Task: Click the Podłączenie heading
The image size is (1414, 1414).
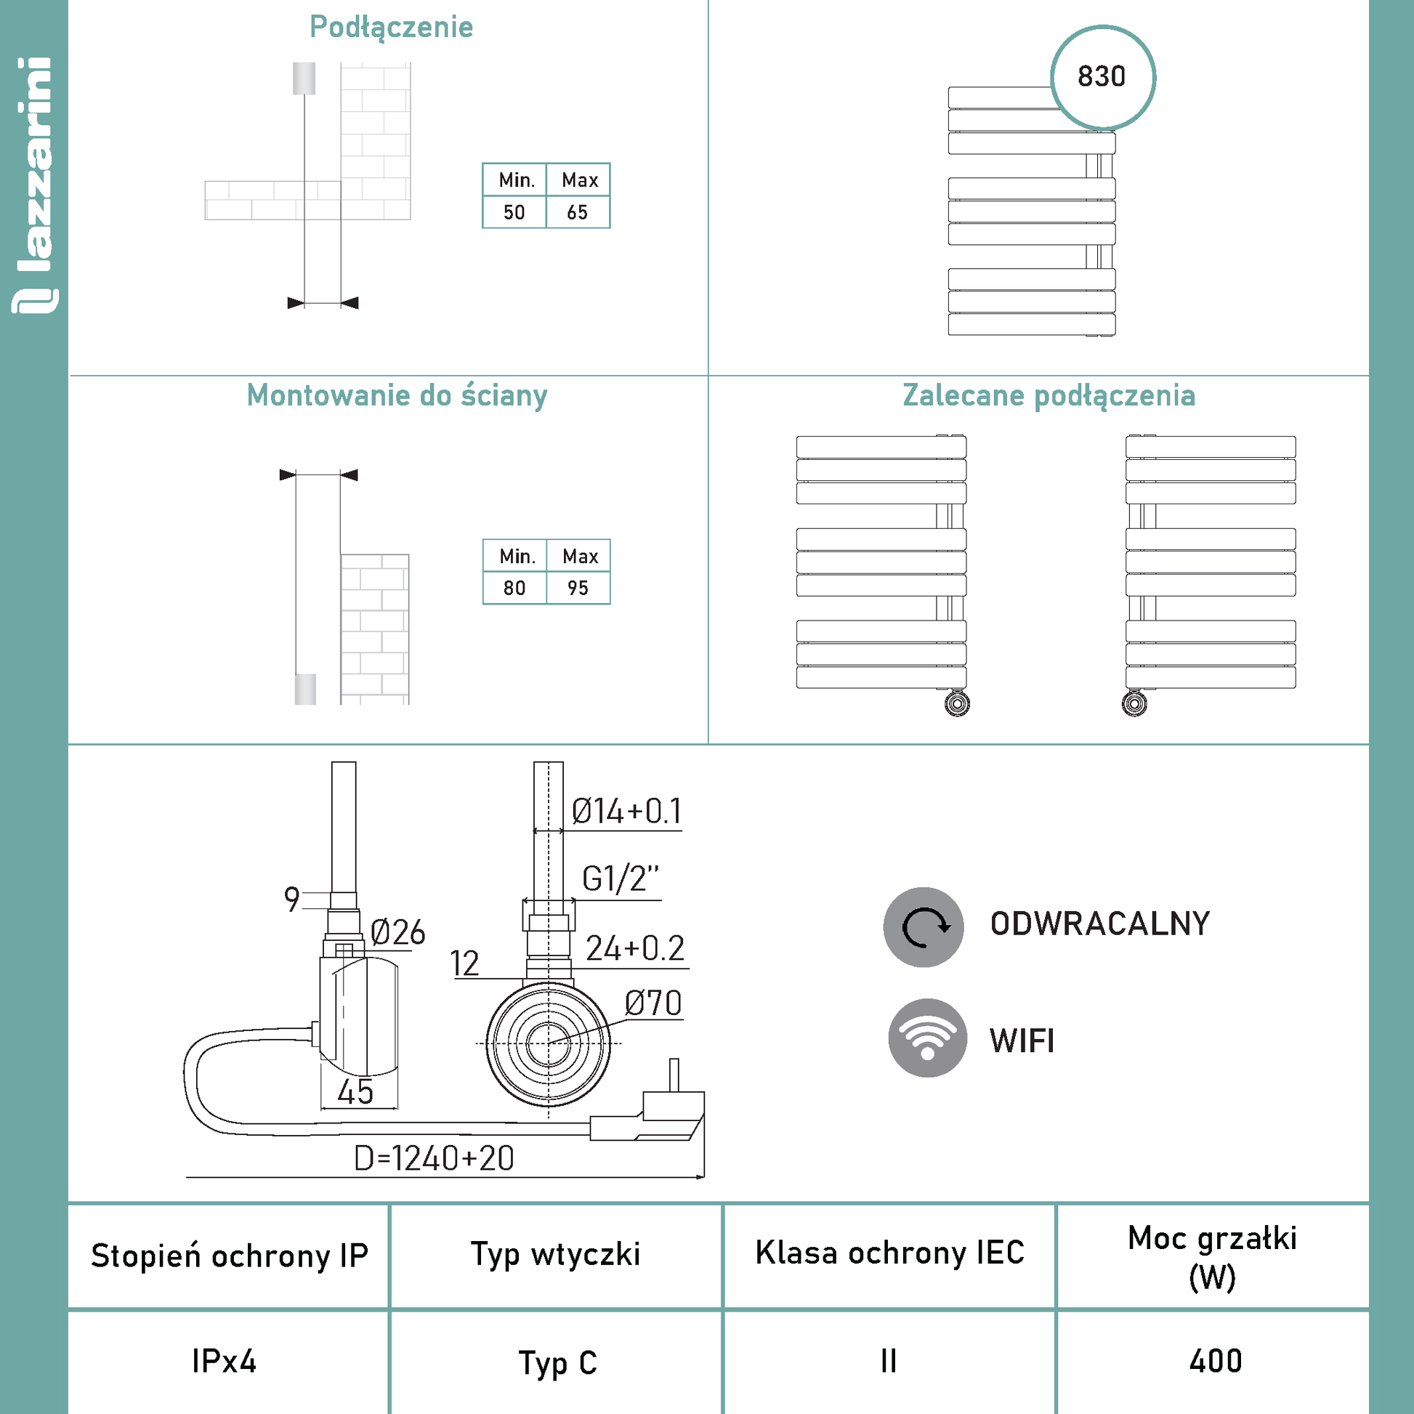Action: pos(392,28)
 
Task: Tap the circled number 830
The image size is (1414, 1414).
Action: pos(1102,78)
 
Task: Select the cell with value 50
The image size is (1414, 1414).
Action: pos(514,212)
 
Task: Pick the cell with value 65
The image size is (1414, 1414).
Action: pos(578,212)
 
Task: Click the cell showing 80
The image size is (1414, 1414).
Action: pos(514,588)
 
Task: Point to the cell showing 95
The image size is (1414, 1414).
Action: pos(578,588)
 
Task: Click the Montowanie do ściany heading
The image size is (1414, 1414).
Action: pos(397,396)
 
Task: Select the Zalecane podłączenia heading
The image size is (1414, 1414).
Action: pos(1049,396)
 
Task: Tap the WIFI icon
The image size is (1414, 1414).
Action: pos(927,1038)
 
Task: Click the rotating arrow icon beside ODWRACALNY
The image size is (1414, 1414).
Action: pos(924,926)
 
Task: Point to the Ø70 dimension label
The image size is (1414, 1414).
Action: pos(653,1003)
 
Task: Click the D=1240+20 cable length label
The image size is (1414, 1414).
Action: pos(434,1158)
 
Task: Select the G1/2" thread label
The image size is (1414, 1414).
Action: pos(620,878)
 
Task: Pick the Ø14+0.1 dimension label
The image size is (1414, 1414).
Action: pos(626,811)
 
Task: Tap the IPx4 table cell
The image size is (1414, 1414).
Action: pos(224,1361)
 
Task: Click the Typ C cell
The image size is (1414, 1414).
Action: pos(558,1362)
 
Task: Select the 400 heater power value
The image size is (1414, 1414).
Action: pos(1216,1361)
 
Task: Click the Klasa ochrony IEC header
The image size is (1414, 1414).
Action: pos(889,1252)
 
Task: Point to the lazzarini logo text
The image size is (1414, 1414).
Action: pos(34,185)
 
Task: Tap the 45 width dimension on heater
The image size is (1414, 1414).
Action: pos(355,1092)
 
